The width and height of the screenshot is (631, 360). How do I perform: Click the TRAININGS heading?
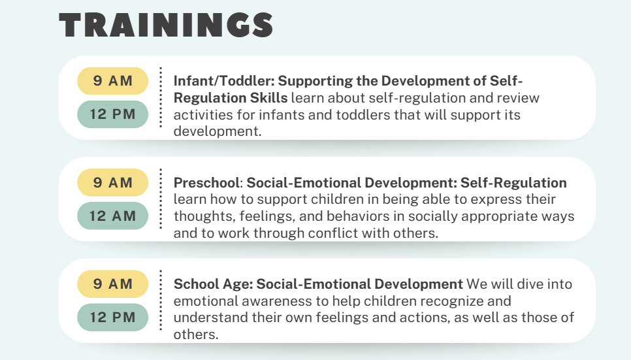(x=166, y=25)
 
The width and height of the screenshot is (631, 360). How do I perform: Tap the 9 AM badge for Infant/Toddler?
(x=112, y=81)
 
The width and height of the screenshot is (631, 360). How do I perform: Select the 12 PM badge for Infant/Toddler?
(x=112, y=114)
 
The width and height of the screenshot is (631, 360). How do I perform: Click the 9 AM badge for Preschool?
(x=112, y=182)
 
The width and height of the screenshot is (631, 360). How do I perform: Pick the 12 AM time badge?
(x=112, y=216)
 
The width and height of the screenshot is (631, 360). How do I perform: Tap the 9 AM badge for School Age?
(x=112, y=284)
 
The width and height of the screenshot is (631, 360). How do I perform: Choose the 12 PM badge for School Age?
(x=112, y=318)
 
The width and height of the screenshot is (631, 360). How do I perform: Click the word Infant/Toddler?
(x=224, y=81)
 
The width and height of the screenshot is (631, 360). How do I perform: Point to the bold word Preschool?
(x=207, y=183)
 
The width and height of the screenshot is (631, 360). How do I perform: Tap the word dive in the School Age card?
(x=530, y=284)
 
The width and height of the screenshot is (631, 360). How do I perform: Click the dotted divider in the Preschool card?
(x=161, y=199)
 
